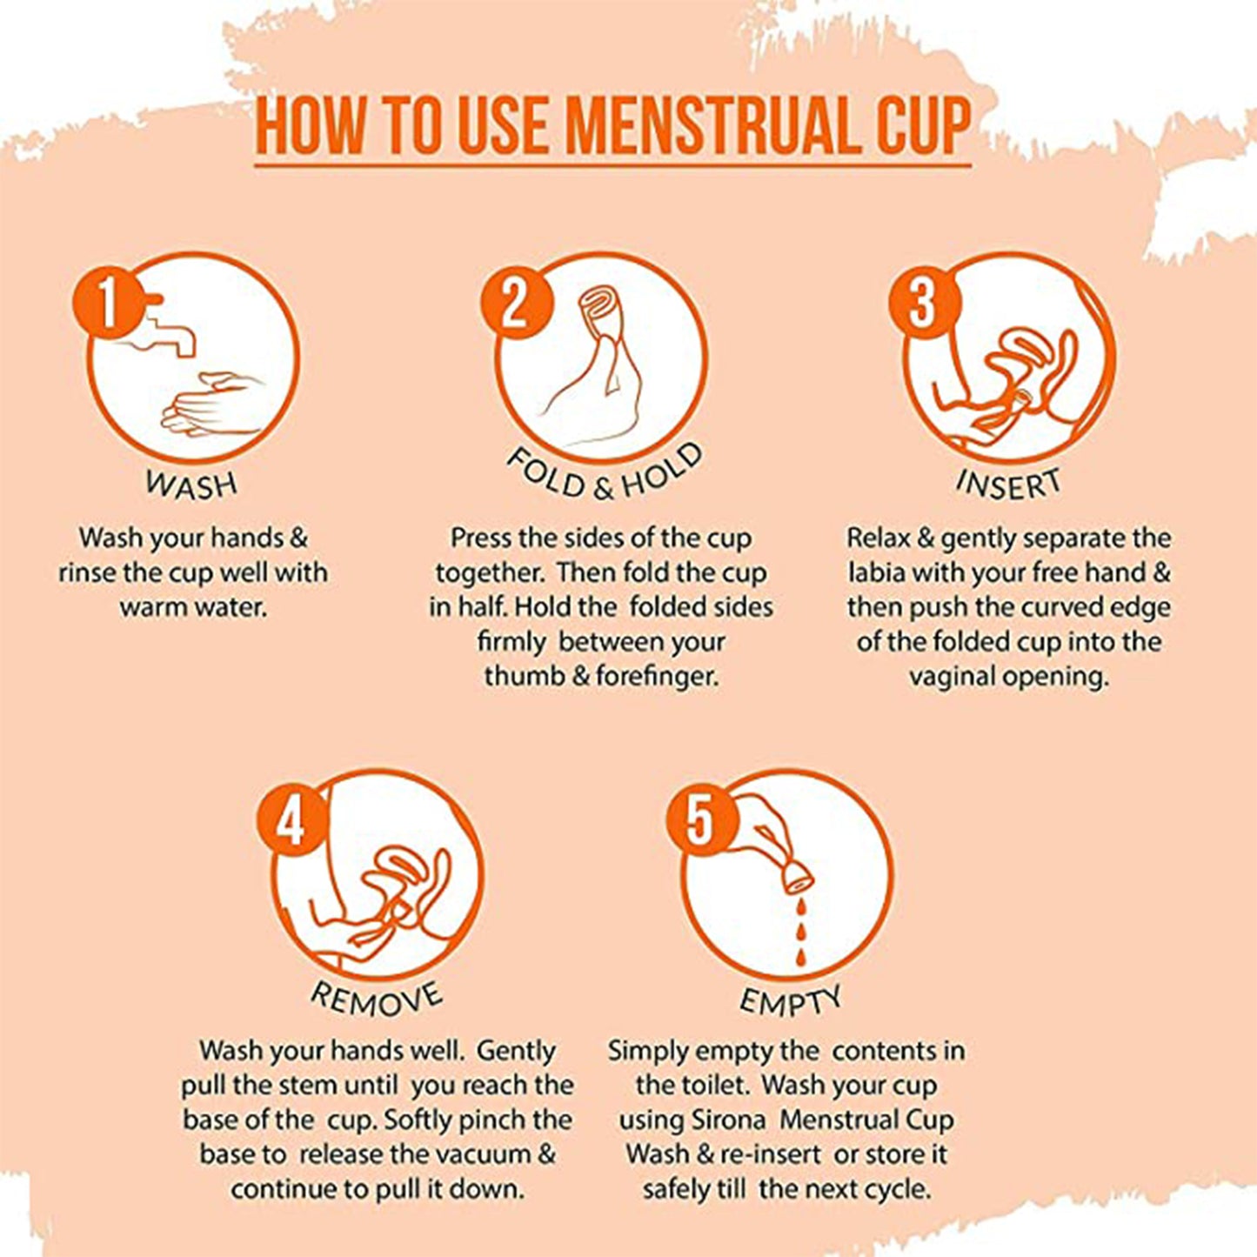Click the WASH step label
point(191,484)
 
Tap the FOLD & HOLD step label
point(604,474)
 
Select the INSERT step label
point(1009,484)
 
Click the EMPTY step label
point(790,1000)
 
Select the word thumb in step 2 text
point(525,676)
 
